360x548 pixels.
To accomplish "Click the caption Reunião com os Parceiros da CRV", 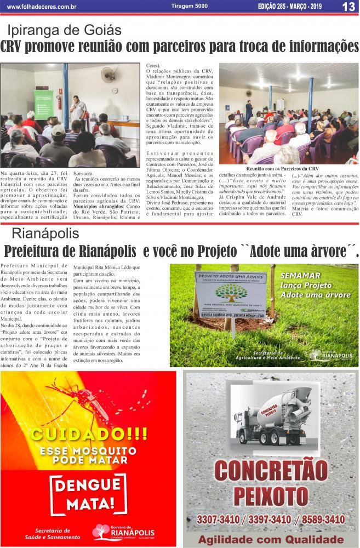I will pos(283,169).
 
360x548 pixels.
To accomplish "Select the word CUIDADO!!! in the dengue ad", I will pos(88,435).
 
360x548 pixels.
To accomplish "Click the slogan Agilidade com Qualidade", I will pos(271,539).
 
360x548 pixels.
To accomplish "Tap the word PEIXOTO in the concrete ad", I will pos(271,496).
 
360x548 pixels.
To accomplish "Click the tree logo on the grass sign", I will pos(230,293).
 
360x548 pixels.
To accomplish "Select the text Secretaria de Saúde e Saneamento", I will pos(52,534).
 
